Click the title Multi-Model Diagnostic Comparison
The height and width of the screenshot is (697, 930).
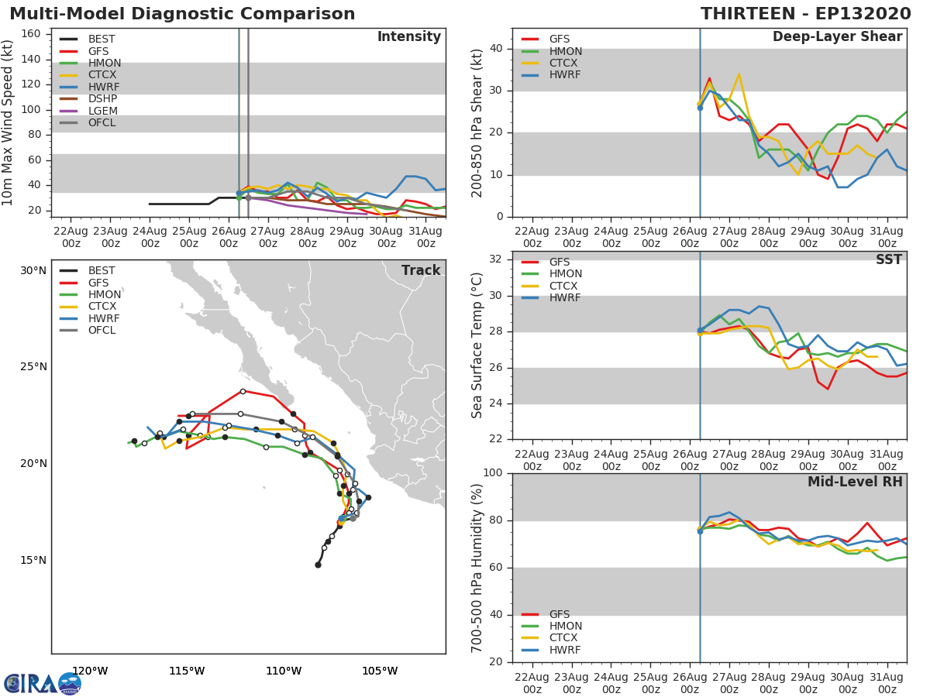pos(182,14)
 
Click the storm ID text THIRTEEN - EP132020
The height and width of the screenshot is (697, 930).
pos(805,14)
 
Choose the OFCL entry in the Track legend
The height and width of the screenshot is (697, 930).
pos(88,330)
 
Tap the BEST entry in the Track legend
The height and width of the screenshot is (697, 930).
pos(88,270)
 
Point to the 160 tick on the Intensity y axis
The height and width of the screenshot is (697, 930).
pos(31,34)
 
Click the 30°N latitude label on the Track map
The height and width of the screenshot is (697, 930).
pos(33,271)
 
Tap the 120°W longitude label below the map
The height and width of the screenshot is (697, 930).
pos(90,671)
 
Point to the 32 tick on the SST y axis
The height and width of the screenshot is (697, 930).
pos(496,259)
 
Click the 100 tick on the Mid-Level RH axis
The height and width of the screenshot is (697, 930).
pos(493,473)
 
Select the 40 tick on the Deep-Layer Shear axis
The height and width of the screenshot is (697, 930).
pos(496,49)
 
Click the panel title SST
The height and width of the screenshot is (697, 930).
pos(889,259)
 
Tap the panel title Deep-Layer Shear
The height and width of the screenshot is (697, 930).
pos(838,37)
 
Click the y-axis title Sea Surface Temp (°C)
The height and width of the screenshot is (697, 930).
pos(477,345)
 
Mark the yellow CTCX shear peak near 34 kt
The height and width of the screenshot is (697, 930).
pos(739,74)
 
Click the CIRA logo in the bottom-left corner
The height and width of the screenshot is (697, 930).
pos(43,684)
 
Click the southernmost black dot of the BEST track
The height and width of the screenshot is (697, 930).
pos(319,565)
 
